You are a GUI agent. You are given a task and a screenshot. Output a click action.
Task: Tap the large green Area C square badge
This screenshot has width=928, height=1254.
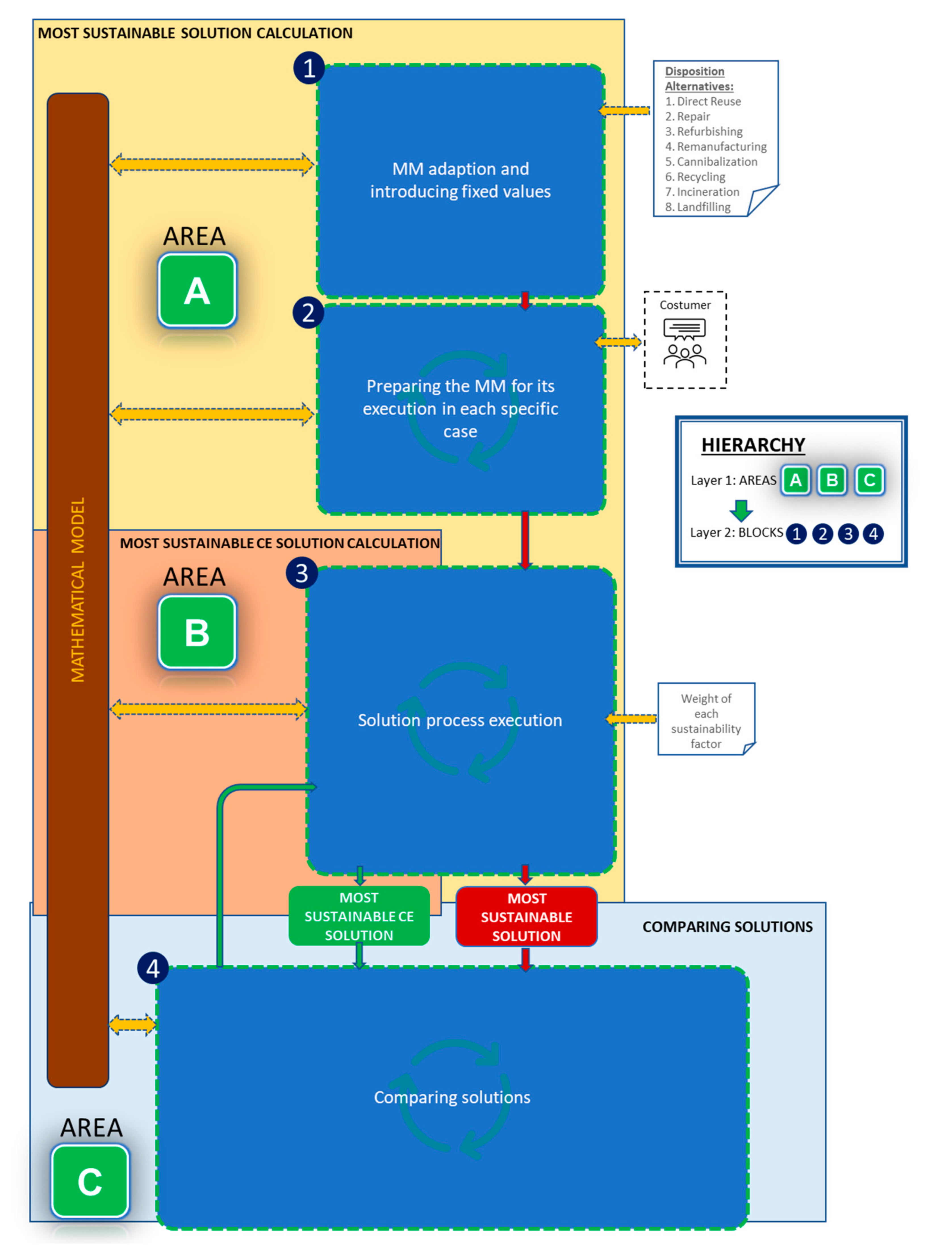(x=90, y=1181)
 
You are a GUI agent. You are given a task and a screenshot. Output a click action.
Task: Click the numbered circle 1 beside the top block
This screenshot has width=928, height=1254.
(x=308, y=68)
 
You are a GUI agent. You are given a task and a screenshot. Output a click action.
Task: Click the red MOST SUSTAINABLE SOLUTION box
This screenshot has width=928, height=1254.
(x=526, y=917)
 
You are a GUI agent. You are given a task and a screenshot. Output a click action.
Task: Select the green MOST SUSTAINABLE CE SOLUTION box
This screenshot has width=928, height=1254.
(x=359, y=916)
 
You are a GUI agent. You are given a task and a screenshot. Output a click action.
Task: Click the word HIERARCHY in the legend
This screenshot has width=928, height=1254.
(x=753, y=445)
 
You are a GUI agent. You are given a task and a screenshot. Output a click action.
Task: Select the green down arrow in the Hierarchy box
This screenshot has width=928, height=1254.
(x=741, y=509)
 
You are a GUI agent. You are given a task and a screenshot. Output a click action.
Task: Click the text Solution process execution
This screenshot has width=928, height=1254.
(x=459, y=720)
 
